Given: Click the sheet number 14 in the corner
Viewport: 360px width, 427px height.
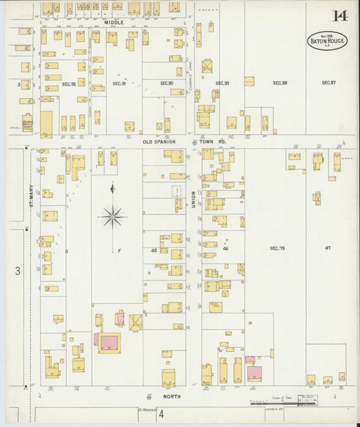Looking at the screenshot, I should pos(340,16).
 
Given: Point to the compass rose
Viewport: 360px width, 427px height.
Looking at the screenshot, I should pos(112,217).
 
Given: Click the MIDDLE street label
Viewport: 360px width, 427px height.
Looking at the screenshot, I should pos(114,22).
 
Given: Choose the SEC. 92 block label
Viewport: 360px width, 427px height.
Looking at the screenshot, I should pos(68,83).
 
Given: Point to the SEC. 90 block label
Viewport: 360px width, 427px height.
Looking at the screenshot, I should pos(167,83).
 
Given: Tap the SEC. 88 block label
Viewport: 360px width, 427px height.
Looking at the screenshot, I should pos(280,83).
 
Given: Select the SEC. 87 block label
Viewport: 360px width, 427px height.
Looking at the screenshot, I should pos(328,83).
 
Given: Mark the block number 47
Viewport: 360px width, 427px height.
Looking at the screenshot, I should pos(328,249).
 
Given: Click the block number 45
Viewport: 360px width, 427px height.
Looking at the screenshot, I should pos(154,251).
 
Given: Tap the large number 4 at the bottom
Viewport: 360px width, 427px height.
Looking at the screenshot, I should pos(161,413).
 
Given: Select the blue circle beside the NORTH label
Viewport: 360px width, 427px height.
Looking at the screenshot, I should pos(149,396).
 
